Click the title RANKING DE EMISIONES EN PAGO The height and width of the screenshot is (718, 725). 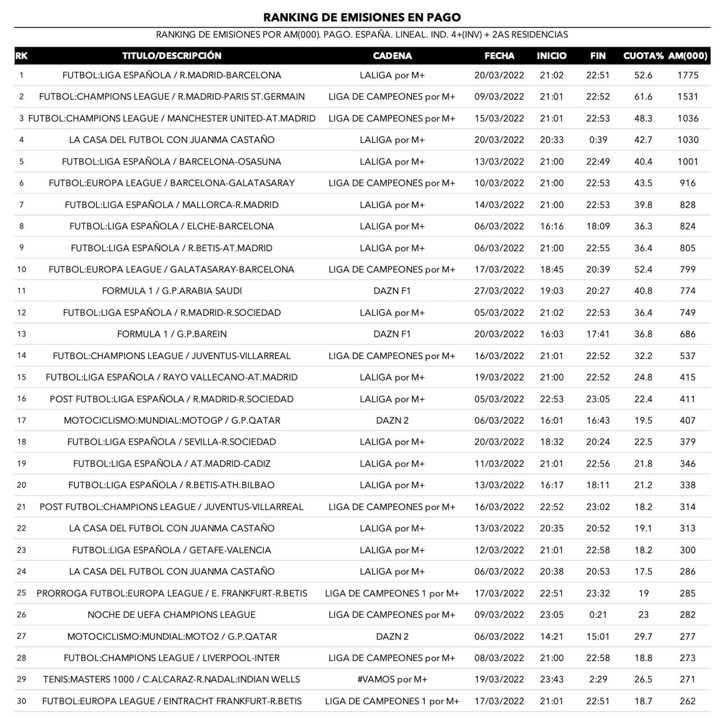pos(362,17)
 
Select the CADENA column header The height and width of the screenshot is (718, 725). pos(392,56)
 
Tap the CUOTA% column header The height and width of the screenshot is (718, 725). pos(643,56)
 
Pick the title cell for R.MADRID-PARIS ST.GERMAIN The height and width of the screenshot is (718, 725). pos(171,97)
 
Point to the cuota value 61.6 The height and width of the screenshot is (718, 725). pos(643,97)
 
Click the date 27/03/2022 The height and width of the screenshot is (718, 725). pos(499,291)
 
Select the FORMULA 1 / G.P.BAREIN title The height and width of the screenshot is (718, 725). pos(171,334)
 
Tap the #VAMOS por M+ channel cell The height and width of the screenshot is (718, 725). pos(392,679)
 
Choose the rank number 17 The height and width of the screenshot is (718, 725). pos(21,420)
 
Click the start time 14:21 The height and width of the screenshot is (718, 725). pos(552,636)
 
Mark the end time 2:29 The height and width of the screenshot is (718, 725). pos(598,679)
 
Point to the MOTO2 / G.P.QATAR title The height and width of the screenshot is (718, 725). pos(171,636)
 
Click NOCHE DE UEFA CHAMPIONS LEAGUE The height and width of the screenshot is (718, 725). pos(171,615)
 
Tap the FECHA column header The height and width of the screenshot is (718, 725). pos(499,56)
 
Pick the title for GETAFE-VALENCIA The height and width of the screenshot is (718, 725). pos(171,550)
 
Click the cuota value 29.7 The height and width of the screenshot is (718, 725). pos(643,636)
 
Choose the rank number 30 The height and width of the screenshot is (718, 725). pos(21,701)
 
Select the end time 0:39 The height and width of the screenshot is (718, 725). pos(598,140)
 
